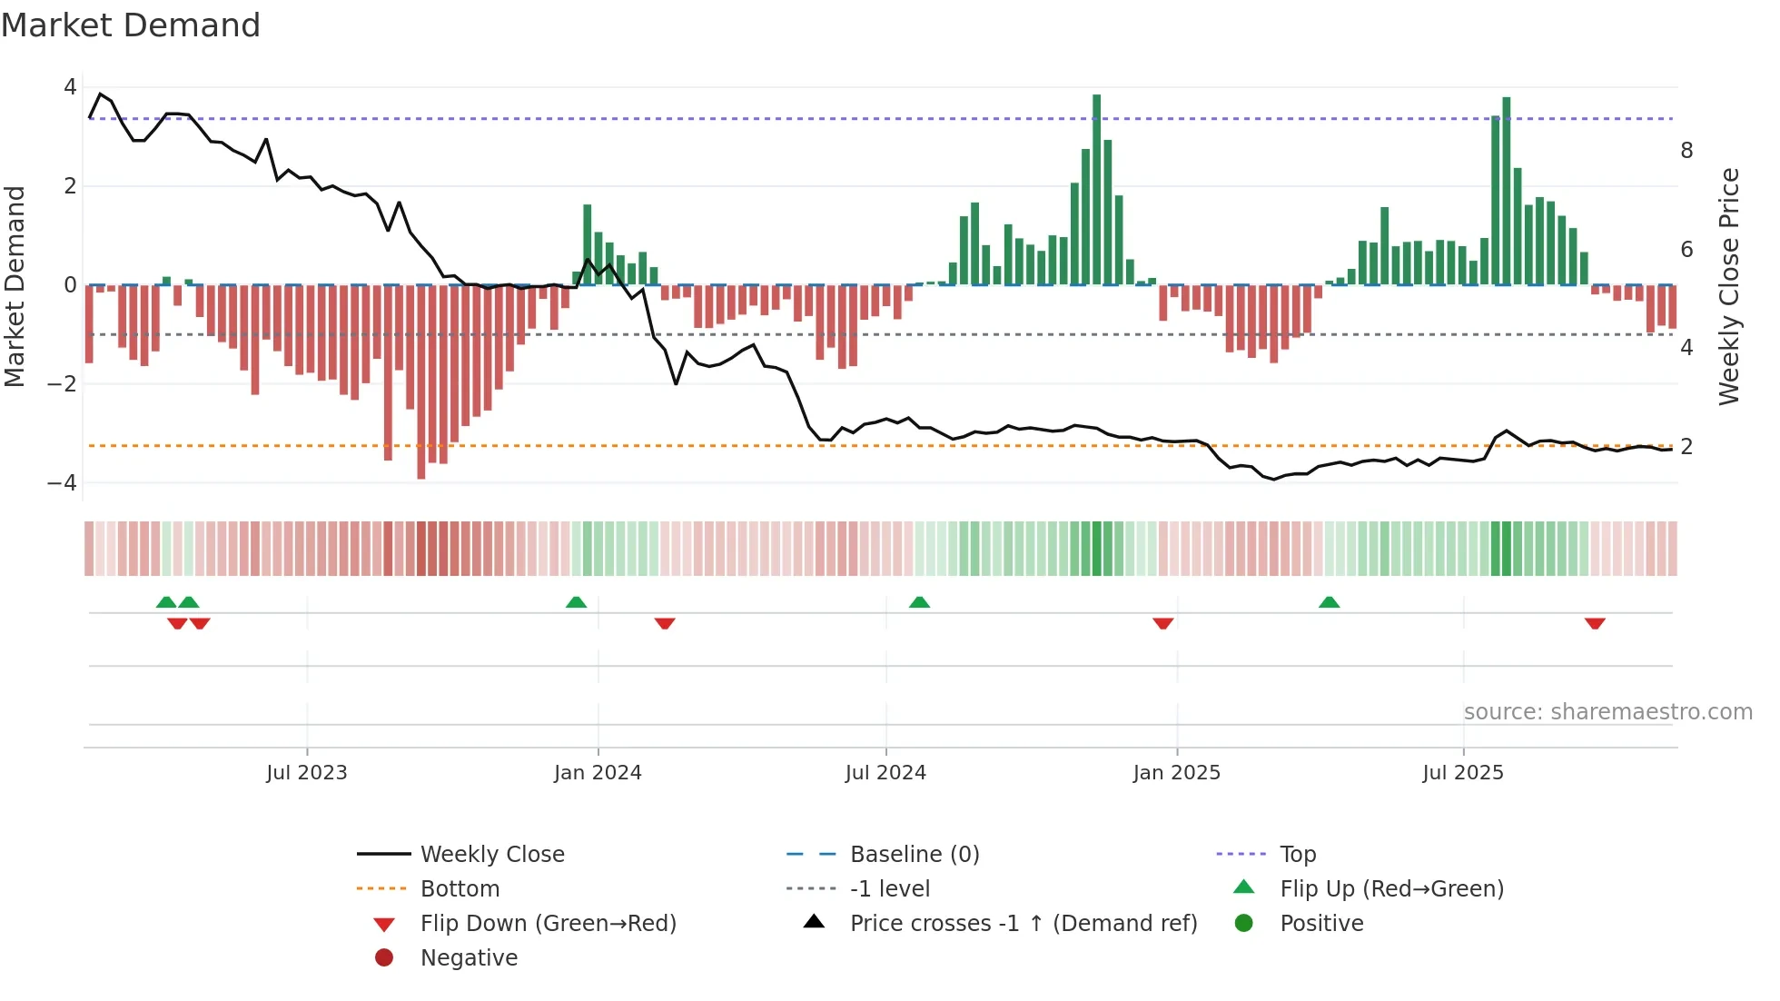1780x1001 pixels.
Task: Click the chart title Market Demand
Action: tap(131, 25)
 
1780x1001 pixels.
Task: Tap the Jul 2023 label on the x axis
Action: tap(306, 773)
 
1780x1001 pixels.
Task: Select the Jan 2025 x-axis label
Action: tap(1176, 773)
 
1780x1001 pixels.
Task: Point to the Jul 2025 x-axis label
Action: tap(1462, 773)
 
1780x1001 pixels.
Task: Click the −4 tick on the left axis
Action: tap(63, 482)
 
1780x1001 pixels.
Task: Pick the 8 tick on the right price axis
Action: tap(1686, 151)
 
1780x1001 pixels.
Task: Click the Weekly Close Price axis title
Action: tap(1728, 286)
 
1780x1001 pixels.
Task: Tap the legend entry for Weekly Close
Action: tap(491, 855)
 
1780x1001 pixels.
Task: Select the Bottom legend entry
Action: tap(460, 889)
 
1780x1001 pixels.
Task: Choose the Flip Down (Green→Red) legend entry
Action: tap(548, 924)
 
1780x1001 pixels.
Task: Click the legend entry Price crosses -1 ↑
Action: tap(1023, 924)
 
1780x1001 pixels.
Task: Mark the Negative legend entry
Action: tap(469, 958)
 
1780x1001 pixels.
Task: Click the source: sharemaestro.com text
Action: tap(1607, 712)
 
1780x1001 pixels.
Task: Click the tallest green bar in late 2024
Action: tap(1096, 191)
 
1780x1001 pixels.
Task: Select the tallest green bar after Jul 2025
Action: tap(1506, 191)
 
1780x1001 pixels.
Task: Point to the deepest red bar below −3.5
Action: tap(420, 382)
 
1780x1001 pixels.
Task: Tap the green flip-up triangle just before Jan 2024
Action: tap(576, 602)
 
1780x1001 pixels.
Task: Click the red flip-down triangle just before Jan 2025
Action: tap(1162, 623)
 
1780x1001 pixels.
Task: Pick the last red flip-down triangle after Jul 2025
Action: tap(1594, 623)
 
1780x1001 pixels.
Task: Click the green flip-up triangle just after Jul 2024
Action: tap(919, 602)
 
